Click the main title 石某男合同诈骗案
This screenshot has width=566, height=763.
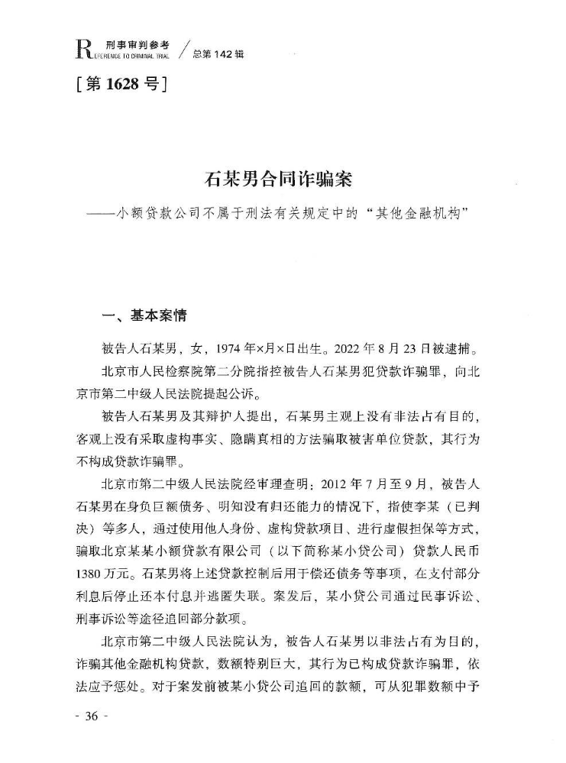[x=282, y=181]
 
